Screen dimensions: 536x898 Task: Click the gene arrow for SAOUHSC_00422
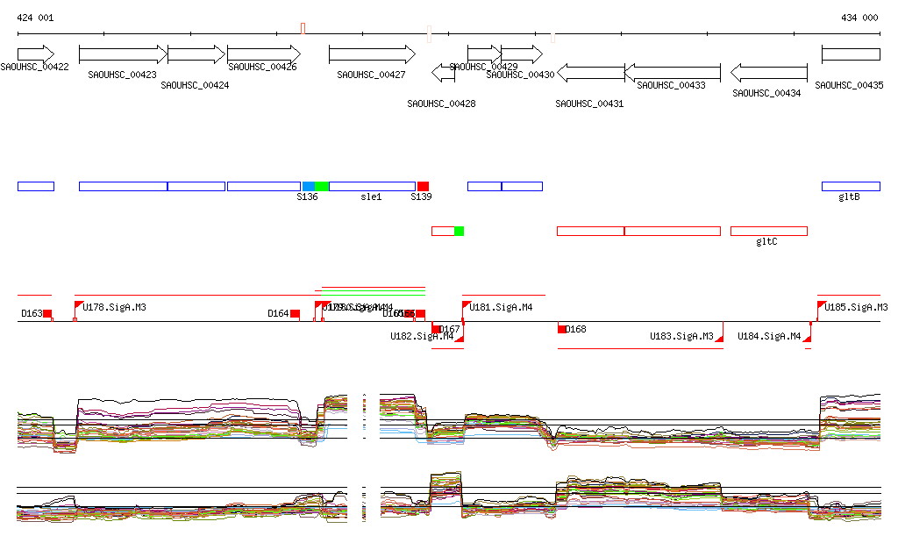pyautogui.click(x=35, y=54)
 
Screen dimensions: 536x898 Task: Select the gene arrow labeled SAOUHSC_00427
pyautogui.click(x=372, y=54)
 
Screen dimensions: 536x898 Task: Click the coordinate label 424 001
pyautogui.click(x=35, y=18)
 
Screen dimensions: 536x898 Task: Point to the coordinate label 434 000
pyautogui.click(x=859, y=18)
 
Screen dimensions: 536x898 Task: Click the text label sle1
pyautogui.click(x=372, y=197)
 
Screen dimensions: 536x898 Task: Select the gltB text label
pyautogui.click(x=849, y=197)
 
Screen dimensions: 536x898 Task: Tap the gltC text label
pyautogui.click(x=767, y=241)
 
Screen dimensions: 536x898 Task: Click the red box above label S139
pyautogui.click(x=423, y=186)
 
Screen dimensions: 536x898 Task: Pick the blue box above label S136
pyautogui.click(x=309, y=186)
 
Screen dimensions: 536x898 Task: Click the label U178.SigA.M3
pyautogui.click(x=114, y=308)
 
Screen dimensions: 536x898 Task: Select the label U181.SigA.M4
pyautogui.click(x=502, y=308)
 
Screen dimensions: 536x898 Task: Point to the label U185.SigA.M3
pyautogui.click(x=857, y=308)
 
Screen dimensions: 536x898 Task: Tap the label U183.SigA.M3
pyautogui.click(x=681, y=337)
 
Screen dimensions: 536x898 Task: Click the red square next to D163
pyautogui.click(x=48, y=314)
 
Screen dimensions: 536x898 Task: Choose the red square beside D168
pyautogui.click(x=562, y=329)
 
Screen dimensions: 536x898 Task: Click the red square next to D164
pyautogui.click(x=296, y=314)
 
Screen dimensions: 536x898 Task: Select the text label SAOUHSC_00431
pyautogui.click(x=589, y=104)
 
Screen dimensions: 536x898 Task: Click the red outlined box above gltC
pyautogui.click(x=768, y=231)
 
